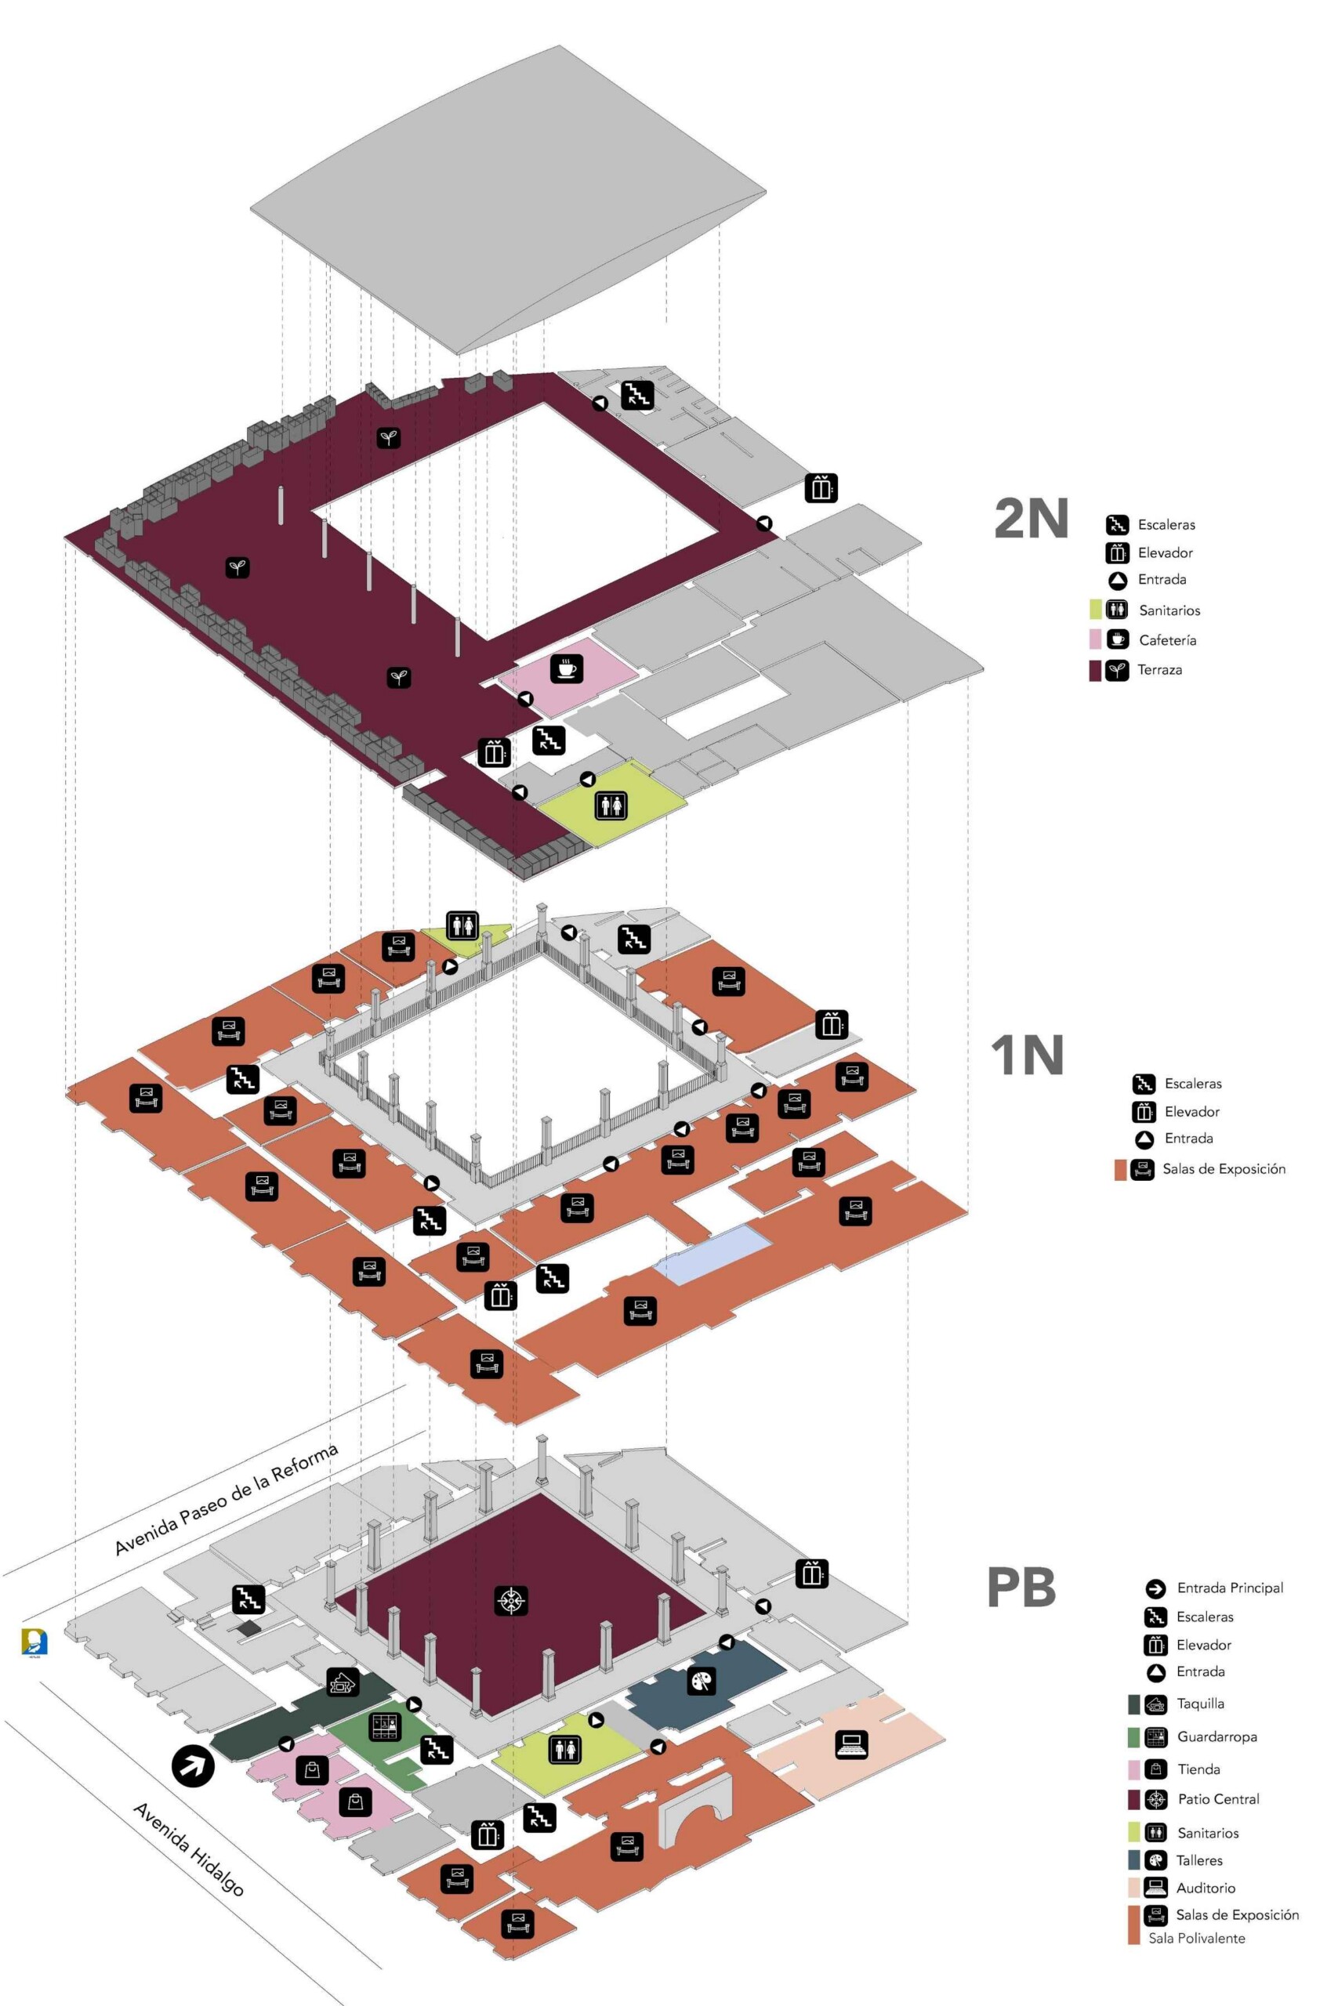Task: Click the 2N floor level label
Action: (x=1031, y=518)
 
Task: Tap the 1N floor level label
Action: (x=1027, y=1055)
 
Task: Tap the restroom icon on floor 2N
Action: (x=611, y=804)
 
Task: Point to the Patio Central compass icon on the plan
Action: (x=510, y=1600)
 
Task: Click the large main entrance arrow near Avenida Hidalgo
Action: (x=193, y=1765)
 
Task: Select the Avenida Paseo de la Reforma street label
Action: (x=226, y=1498)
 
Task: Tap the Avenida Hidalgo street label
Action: (x=189, y=1848)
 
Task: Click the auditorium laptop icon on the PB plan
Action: (x=851, y=1745)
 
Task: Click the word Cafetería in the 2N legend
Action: (x=1166, y=639)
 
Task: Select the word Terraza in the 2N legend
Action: (x=1159, y=669)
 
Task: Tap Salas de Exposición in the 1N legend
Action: (x=1223, y=1168)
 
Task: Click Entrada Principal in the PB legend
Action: (x=1230, y=1588)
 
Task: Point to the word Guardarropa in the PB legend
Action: (x=1216, y=1736)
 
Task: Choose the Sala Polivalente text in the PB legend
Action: (x=1196, y=1938)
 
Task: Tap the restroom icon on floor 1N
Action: (x=462, y=925)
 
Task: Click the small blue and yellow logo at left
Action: (x=35, y=1642)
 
